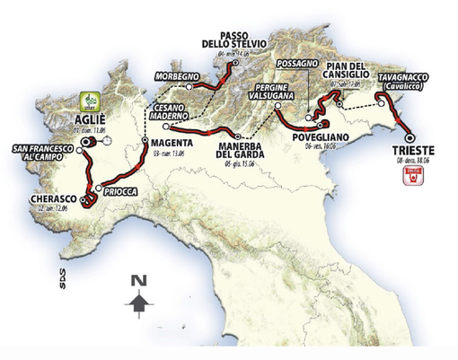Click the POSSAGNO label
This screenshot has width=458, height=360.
click(297, 66)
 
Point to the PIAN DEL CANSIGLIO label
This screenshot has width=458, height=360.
click(348, 71)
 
